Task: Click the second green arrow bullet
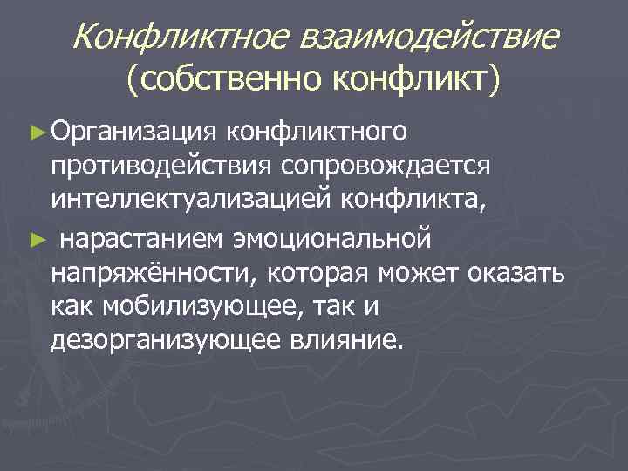tap(36, 235)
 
